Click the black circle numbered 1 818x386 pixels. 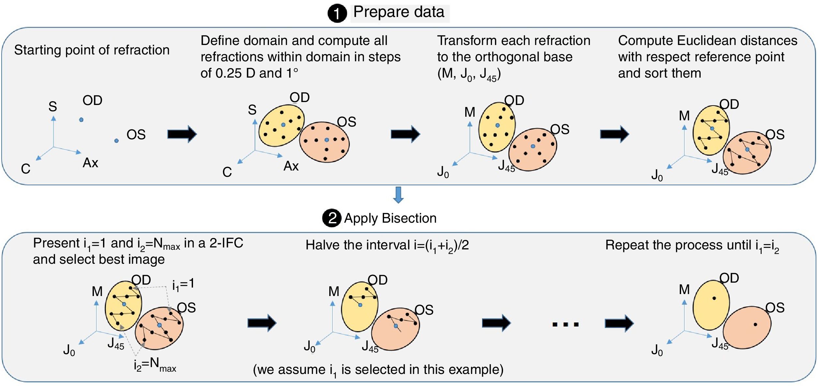pyautogui.click(x=337, y=13)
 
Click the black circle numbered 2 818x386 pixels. pyautogui.click(x=332, y=218)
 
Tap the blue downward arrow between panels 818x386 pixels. pyautogui.click(x=398, y=195)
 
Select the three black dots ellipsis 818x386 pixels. pyautogui.click(x=565, y=324)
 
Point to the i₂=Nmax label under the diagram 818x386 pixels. pyautogui.click(x=155, y=364)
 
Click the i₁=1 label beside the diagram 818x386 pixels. pyautogui.click(x=183, y=284)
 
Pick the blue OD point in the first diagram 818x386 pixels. pyautogui.click(x=81, y=120)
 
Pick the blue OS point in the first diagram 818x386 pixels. pyautogui.click(x=116, y=141)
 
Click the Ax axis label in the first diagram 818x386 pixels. pyautogui.click(x=90, y=163)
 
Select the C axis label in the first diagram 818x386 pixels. pyautogui.click(x=25, y=169)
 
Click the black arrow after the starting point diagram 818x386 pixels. pyautogui.click(x=182, y=134)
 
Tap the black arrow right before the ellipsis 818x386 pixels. pyautogui.click(x=496, y=323)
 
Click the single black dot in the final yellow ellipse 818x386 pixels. pyautogui.click(x=714, y=298)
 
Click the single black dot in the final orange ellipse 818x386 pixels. pyautogui.click(x=755, y=324)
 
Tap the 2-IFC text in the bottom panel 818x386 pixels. pyautogui.click(x=226, y=243)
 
